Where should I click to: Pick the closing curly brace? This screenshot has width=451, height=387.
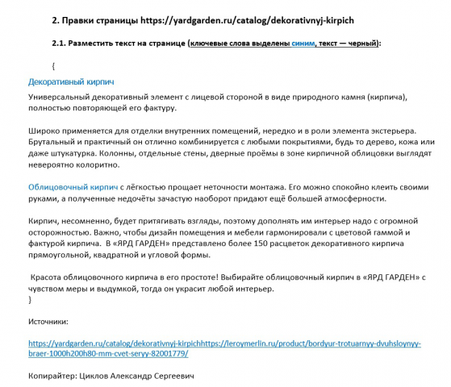[30, 299]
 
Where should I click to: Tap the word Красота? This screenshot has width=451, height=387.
[50, 277]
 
